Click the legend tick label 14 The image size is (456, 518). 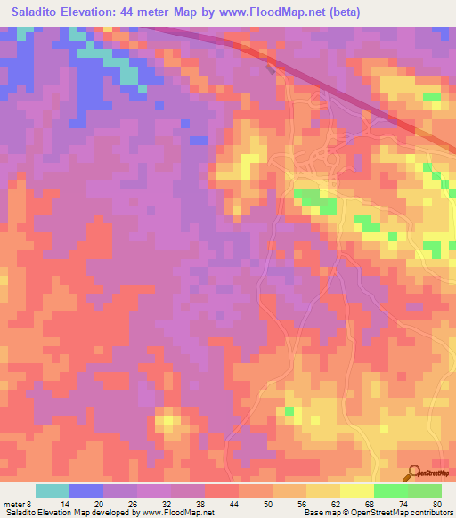coord(65,503)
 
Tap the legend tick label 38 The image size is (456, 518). coord(200,503)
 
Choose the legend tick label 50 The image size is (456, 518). coord(268,503)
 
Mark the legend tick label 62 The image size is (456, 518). coord(336,503)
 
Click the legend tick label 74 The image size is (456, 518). coord(403,503)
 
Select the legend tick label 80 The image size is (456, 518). coord(436,503)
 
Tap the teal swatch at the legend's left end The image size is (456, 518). coord(53,490)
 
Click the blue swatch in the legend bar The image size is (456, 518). coord(86,490)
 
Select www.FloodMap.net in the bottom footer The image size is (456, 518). coord(176,513)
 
